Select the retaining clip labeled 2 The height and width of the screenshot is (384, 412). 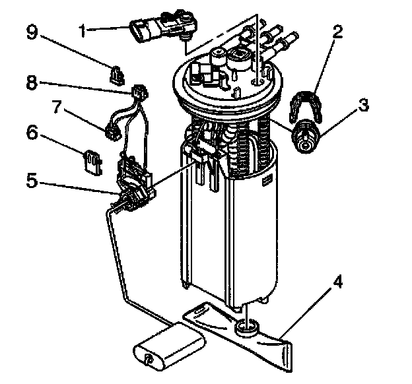306,105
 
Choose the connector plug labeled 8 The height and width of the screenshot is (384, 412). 138,92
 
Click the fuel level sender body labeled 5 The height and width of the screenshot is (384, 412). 133,185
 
